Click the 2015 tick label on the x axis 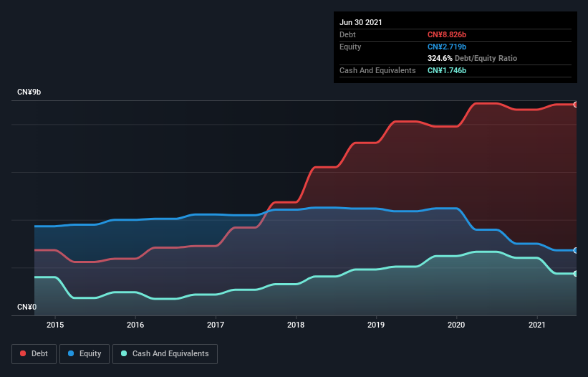pyautogui.click(x=55, y=325)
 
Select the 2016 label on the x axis pyautogui.click(x=135, y=325)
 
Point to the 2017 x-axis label pyautogui.click(x=216, y=325)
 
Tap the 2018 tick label pyautogui.click(x=296, y=325)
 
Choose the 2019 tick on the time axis pyautogui.click(x=377, y=325)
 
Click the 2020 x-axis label pyautogui.click(x=457, y=325)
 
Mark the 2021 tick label pyautogui.click(x=537, y=325)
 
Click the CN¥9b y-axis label pyautogui.click(x=29, y=92)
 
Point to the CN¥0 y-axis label pyautogui.click(x=26, y=307)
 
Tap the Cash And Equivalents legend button pyautogui.click(x=165, y=353)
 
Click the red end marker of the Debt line pyautogui.click(x=576, y=105)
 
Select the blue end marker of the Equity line pyautogui.click(x=576, y=250)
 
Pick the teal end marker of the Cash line pyautogui.click(x=576, y=274)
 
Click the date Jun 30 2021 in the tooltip pyautogui.click(x=361, y=22)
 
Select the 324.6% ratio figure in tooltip pyautogui.click(x=440, y=58)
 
